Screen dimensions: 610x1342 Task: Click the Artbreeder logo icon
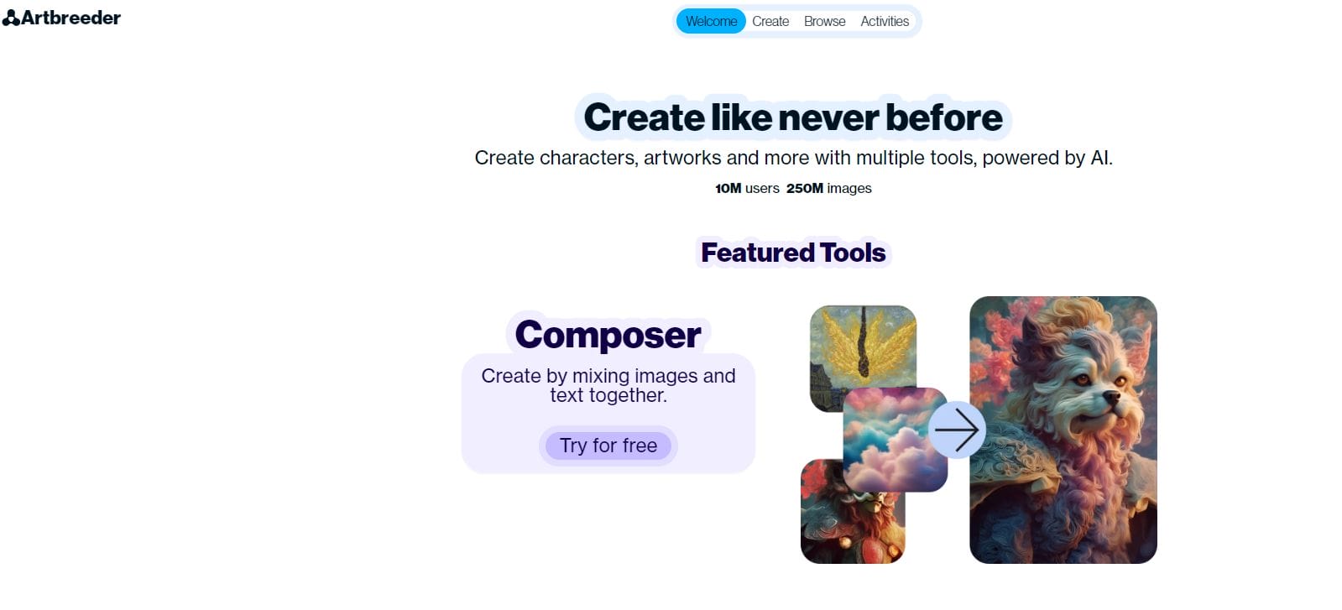pyautogui.click(x=11, y=18)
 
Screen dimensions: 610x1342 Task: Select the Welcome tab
pyautogui.click(x=711, y=21)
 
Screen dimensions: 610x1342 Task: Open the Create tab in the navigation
pyautogui.click(x=770, y=21)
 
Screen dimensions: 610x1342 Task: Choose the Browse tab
pyautogui.click(x=824, y=21)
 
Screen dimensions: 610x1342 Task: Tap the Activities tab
pyautogui.click(x=885, y=21)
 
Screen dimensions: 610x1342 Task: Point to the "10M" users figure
pyautogui.click(x=728, y=188)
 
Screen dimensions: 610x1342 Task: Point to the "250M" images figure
pyautogui.click(x=804, y=188)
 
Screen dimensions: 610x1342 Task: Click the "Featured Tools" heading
pyautogui.click(x=793, y=253)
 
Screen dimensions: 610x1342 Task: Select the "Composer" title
pyautogui.click(x=608, y=335)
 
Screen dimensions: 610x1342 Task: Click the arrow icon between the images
pyautogui.click(x=957, y=430)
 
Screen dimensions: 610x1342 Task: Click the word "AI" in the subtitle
pyautogui.click(x=1099, y=158)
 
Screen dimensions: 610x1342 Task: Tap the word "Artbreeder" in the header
pyautogui.click(x=71, y=18)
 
